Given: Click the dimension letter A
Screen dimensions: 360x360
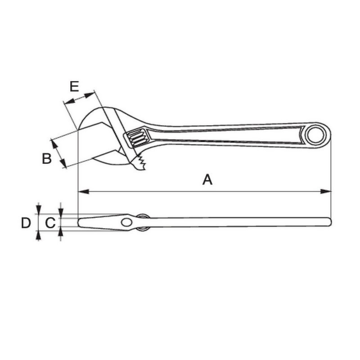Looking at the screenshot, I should click(x=207, y=180).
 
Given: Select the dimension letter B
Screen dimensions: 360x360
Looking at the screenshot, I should click(x=47, y=158).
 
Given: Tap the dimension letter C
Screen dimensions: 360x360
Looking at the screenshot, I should click(x=51, y=222).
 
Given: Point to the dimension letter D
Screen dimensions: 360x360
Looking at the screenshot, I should click(x=26, y=222).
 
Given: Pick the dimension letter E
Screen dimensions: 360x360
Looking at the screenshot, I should click(x=74, y=86).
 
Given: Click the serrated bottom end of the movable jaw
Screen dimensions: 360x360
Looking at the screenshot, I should click(x=142, y=163).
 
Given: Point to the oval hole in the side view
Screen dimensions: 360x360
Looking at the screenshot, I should click(x=127, y=222).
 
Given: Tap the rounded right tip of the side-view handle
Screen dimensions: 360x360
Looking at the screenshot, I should click(x=329, y=222).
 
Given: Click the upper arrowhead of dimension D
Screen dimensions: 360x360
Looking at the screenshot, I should click(x=39, y=211).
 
